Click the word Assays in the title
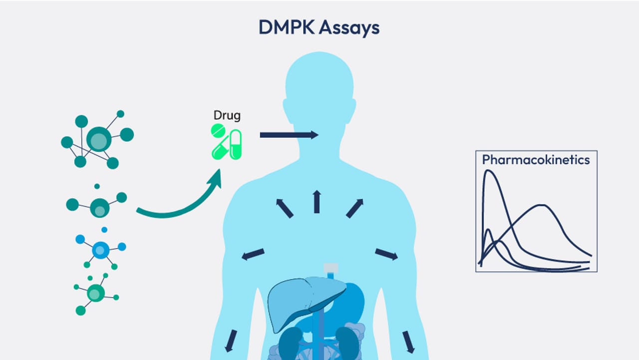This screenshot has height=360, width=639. tap(349, 28)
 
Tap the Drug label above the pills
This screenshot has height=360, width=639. tap(227, 115)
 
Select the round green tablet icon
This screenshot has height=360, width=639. tap(218, 131)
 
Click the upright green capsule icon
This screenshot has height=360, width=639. tap(236, 144)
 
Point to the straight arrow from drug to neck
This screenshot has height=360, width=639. tap(289, 135)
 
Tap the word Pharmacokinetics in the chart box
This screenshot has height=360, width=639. tap(536, 160)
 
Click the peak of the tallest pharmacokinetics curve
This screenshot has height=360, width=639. tap(489, 171)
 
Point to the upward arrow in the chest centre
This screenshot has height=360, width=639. tap(317, 202)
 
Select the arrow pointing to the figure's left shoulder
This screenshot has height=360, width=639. tap(354, 208)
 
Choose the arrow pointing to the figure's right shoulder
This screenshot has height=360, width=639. tap(285, 209)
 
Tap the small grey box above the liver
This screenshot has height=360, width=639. tap(331, 268)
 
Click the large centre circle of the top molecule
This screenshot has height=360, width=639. tap(99, 139)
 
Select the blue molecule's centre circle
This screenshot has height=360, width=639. tap(100, 250)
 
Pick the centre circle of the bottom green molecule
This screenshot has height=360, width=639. tap(95, 293)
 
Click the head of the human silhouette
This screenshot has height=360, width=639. tap(319, 85)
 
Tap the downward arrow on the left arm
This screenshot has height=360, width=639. tap(231, 341)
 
